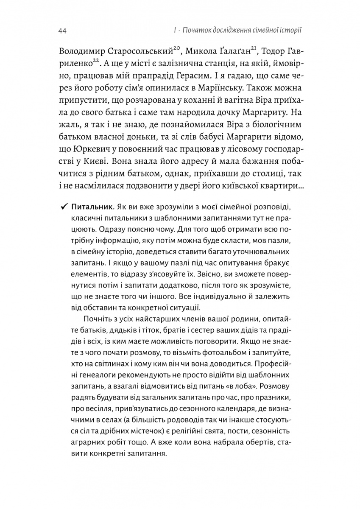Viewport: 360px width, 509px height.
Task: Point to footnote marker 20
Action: (178, 49)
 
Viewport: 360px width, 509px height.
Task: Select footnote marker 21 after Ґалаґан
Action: (253, 49)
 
